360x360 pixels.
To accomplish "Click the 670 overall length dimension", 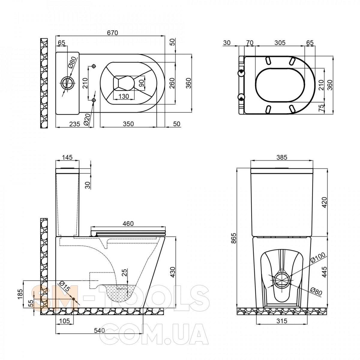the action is coord(112,33).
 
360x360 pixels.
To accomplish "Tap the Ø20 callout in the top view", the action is coord(87,120).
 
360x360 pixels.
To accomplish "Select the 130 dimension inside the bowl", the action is coord(124,96).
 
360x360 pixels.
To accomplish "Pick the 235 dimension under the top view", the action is coord(74,124).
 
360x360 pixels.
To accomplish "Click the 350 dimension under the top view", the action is coord(128,124).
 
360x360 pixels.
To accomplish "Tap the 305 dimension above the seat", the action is coord(280,43).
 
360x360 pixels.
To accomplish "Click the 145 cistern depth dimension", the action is coord(67,157).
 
